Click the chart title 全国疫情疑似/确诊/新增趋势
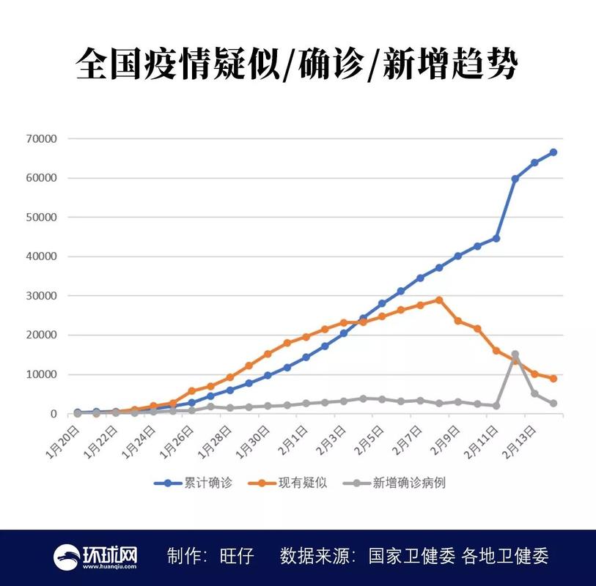pyautogui.click(x=298, y=65)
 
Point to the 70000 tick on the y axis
pyautogui.click(x=43, y=138)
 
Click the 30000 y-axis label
pyautogui.click(x=43, y=296)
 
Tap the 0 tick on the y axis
pyautogui.click(x=54, y=414)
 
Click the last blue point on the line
pyautogui.click(x=553, y=152)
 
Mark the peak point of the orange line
pyautogui.click(x=439, y=300)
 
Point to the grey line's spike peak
pyautogui.click(x=515, y=355)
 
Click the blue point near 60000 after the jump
pyautogui.click(x=515, y=179)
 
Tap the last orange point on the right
pyautogui.click(x=553, y=379)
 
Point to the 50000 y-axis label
pyautogui.click(x=43, y=218)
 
